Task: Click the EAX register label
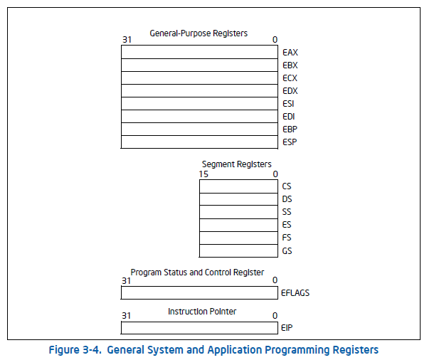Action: coord(290,53)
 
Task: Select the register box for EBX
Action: coord(199,65)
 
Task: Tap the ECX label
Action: coord(290,78)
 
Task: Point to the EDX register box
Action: coord(199,90)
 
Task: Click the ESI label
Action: coord(288,104)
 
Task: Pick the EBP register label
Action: coord(290,129)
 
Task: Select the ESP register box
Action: coord(199,142)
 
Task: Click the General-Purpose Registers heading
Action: coord(199,33)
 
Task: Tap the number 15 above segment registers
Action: coord(203,174)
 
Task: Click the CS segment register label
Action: coord(287,186)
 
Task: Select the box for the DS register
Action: coord(238,199)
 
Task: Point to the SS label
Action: coord(287,212)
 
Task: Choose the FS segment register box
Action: coord(238,238)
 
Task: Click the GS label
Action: coord(287,250)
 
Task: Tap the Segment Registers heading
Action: coord(237,164)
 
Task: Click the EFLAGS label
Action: coord(295,293)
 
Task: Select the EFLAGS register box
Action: coord(199,292)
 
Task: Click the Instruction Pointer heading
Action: coord(202,312)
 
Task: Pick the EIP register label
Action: coord(287,328)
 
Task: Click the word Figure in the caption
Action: coord(64,350)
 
